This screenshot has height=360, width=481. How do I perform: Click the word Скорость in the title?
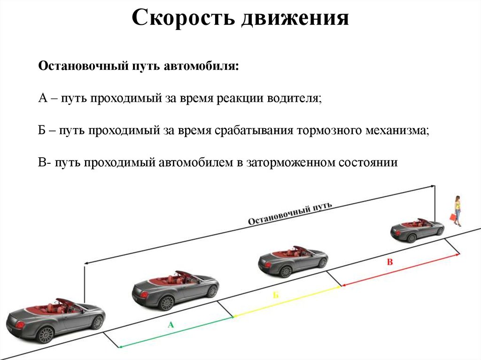[183, 19]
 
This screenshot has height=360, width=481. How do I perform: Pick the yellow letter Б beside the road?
[276, 295]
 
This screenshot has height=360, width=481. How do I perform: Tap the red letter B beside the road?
[389, 262]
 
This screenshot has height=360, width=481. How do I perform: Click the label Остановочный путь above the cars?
[290, 214]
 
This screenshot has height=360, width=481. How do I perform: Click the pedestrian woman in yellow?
[457, 210]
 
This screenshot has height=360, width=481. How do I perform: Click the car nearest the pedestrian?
[417, 230]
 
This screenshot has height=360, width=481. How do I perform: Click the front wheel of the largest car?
[46, 335]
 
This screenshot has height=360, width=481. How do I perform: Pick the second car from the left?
[175, 289]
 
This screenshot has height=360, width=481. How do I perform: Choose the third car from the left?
[292, 261]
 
